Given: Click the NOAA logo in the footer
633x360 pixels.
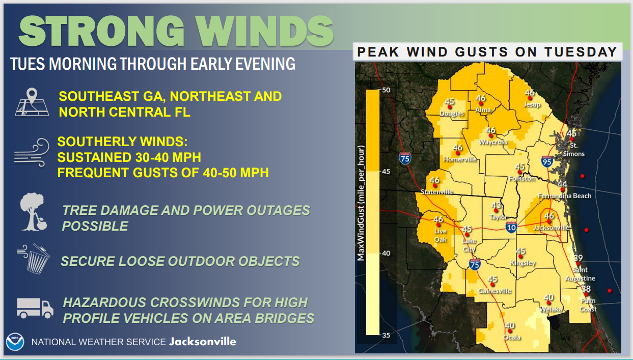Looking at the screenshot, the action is [15, 342].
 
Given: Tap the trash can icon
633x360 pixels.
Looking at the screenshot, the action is [34, 259].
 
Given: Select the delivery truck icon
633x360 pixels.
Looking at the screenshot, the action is [35, 308].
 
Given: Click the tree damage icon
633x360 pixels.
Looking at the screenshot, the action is [33, 212].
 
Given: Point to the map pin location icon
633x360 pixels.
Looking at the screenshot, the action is [32, 102].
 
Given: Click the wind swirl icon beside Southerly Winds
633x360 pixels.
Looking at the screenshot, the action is [32, 152].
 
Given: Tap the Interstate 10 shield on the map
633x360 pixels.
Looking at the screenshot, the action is [511, 227].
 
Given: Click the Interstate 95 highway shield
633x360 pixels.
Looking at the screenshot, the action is [547, 161].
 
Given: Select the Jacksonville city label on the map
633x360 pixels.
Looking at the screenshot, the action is [552, 228].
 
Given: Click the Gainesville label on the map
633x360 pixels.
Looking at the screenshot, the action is [494, 291].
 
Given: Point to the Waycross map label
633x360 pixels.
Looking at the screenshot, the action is [493, 142].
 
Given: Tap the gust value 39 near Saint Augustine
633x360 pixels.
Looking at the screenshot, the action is [578, 258].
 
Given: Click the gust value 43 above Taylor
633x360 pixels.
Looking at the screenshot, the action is [496, 205].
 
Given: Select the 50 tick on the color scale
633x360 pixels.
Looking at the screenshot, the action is [386, 90].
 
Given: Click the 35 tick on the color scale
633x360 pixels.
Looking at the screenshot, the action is [386, 336].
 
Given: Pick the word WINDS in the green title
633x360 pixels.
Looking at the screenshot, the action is [265, 31].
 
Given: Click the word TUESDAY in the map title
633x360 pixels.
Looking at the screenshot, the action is [581, 52].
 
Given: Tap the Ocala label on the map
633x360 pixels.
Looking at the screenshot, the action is [512, 338].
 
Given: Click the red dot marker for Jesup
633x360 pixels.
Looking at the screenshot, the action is [530, 98].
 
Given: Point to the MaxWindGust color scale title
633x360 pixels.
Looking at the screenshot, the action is [361, 203].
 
